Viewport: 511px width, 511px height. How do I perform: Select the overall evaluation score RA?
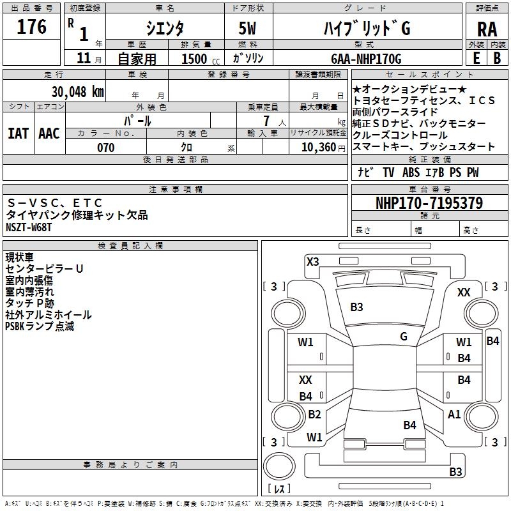tap(487, 29)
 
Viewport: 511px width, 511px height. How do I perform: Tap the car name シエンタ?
tap(164, 28)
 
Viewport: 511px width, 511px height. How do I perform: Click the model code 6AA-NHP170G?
tap(367, 59)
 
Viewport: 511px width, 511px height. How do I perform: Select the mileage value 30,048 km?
tap(77, 91)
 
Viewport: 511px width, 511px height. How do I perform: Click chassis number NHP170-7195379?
tap(429, 204)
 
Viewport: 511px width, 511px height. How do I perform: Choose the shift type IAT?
tap(19, 133)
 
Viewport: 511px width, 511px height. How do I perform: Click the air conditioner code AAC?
tap(49, 133)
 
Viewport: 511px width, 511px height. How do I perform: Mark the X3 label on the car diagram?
tap(313, 261)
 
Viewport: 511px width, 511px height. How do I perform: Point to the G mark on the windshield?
tap(404, 337)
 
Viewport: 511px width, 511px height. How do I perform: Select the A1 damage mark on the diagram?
tap(454, 415)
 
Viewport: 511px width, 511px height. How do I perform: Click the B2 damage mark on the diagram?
tap(314, 415)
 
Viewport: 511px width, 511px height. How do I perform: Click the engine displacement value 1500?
tap(194, 59)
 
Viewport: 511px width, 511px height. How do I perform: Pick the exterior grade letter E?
tap(476, 58)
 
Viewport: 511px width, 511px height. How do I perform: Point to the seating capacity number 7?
tap(264, 121)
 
